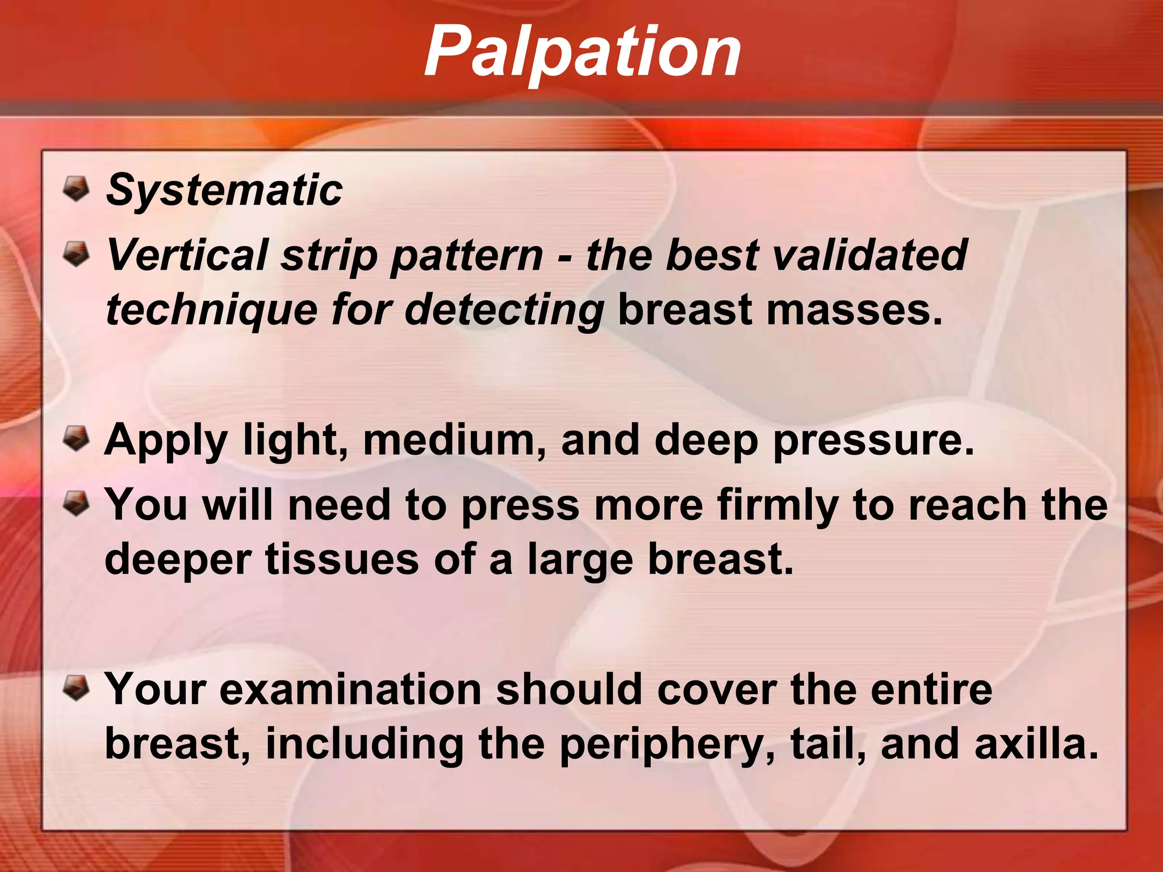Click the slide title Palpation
583,52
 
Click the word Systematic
224,190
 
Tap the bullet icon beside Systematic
76,188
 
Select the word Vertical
187,255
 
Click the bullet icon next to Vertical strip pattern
76,253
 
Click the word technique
211,311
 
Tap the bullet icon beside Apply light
76,438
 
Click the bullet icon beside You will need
76,504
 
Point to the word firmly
777,506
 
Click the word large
579,561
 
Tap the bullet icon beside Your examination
76,687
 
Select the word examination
350,690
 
